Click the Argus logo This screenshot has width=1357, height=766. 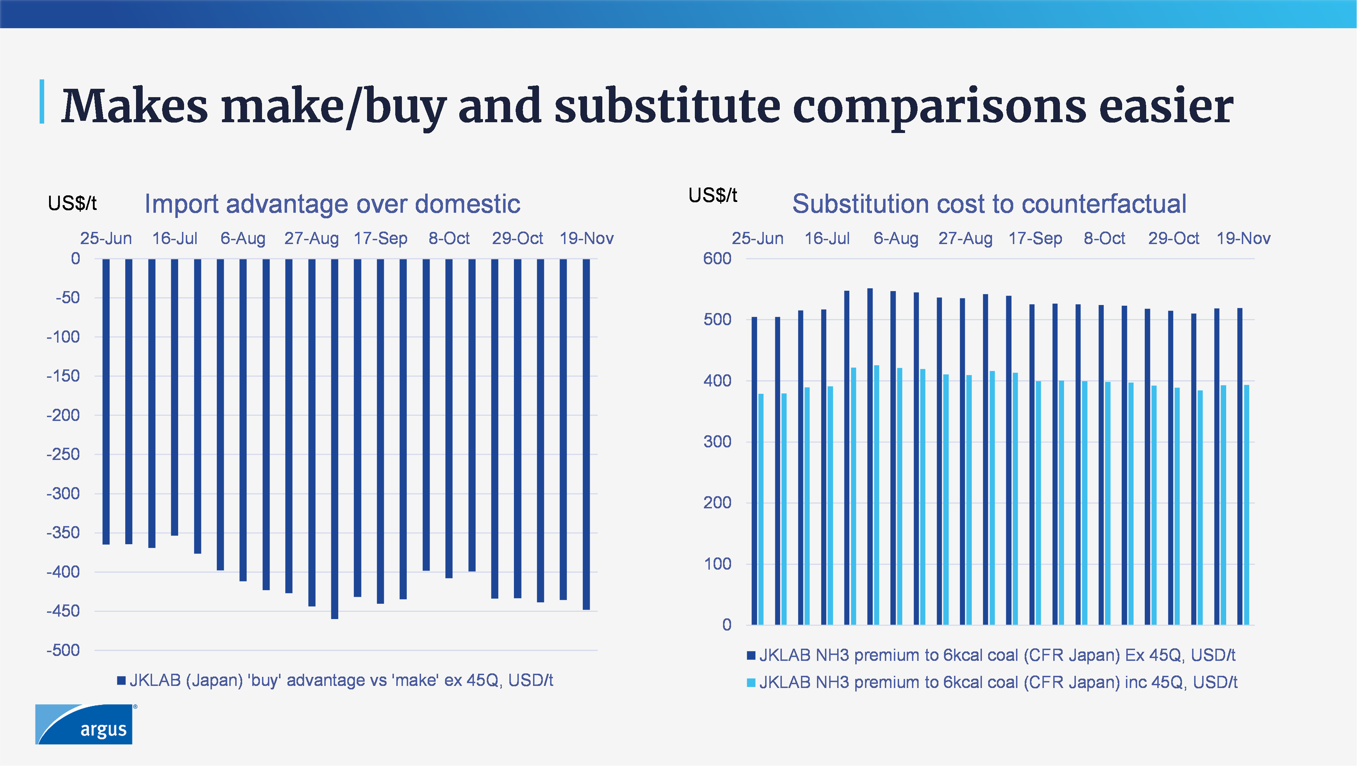(84, 724)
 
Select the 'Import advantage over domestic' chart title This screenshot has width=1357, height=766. (332, 204)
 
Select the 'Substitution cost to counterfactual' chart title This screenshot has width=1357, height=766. (989, 204)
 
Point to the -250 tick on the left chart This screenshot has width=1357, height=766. (63, 454)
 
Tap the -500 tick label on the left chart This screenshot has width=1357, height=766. (63, 650)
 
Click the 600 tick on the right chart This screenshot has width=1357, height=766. (717, 259)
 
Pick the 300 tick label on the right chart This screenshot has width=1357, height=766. (717, 442)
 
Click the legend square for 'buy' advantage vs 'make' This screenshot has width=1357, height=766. (121, 681)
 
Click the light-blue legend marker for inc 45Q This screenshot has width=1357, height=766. (751, 683)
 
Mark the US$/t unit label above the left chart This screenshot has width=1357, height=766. (72, 203)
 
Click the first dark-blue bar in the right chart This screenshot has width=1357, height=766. (754, 471)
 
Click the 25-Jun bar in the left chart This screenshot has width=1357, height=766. (106, 401)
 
